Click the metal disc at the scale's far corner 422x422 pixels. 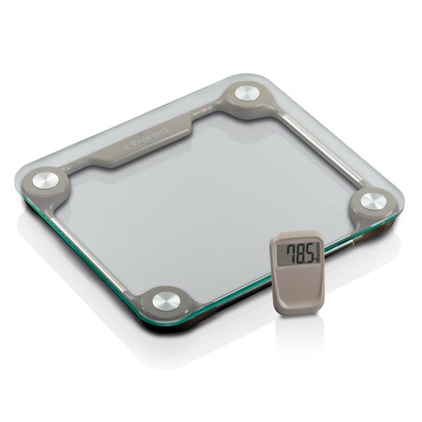pyautogui.click(x=248, y=94)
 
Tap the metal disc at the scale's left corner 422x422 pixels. pyautogui.click(x=45, y=181)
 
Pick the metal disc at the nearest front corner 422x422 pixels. pyautogui.click(x=166, y=302)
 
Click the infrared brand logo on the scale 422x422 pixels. pyautogui.click(x=146, y=139)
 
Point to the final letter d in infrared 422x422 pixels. pyautogui.click(x=164, y=131)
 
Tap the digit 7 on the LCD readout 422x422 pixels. pyautogui.click(x=292, y=253)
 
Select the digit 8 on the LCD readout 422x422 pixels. pyautogui.click(x=302, y=254)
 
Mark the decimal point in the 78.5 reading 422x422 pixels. pyautogui.click(x=308, y=260)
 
